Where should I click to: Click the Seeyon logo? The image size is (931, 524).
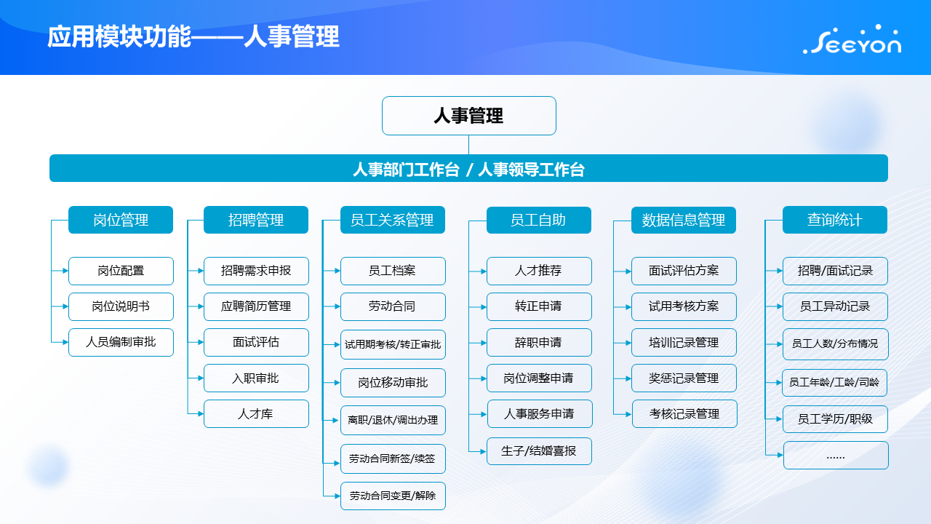pyautogui.click(x=852, y=40)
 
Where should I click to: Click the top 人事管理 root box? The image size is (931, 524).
pyautogui.click(x=469, y=116)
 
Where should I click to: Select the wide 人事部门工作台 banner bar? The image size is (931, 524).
pyautogui.click(x=468, y=168)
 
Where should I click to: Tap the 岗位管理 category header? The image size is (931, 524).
pyautogui.click(x=121, y=220)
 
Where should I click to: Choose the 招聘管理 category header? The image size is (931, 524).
pyautogui.click(x=256, y=220)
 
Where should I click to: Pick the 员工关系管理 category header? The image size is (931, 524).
pyautogui.click(x=393, y=220)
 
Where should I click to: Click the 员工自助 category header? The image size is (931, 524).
pyautogui.click(x=539, y=220)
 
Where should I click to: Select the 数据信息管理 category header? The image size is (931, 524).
pyautogui.click(x=684, y=220)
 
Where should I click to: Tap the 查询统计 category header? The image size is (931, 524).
pyautogui.click(x=835, y=220)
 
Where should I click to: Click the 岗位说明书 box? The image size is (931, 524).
pyautogui.click(x=121, y=306)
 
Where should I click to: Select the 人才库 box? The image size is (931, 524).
pyautogui.click(x=256, y=414)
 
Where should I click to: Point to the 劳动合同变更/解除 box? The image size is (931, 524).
pyautogui.click(x=393, y=496)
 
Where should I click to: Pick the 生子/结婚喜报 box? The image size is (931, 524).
pyautogui.click(x=539, y=450)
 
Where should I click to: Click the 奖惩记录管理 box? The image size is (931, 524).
pyautogui.click(x=684, y=378)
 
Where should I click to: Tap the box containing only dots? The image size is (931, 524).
pyautogui.click(x=836, y=456)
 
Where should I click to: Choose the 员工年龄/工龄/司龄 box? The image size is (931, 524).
pyautogui.click(x=834, y=383)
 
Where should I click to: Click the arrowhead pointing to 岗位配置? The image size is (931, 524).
pyautogui.click(x=65, y=271)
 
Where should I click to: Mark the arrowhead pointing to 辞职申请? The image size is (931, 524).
pyautogui.click(x=484, y=343)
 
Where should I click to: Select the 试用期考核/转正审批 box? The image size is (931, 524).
pyautogui.click(x=393, y=344)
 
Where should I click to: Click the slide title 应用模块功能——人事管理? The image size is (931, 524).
pyautogui.click(x=193, y=36)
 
